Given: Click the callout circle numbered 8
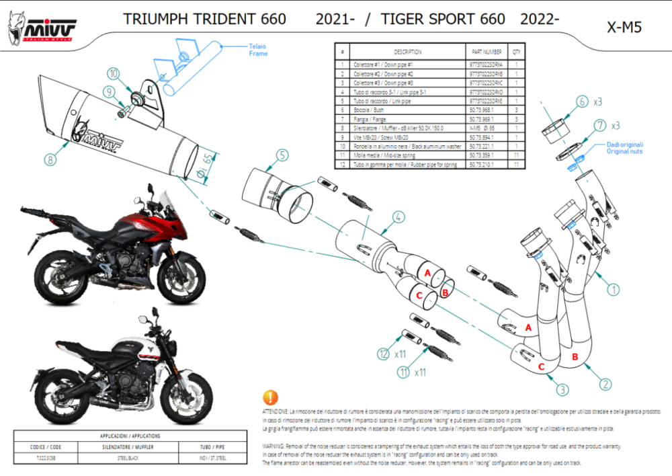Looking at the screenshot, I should [50, 159].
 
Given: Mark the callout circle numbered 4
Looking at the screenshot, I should [398, 217].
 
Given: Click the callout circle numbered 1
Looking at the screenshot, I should [612, 290].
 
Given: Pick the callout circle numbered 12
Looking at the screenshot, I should [383, 352].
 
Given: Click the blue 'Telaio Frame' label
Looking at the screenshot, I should [258, 50].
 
